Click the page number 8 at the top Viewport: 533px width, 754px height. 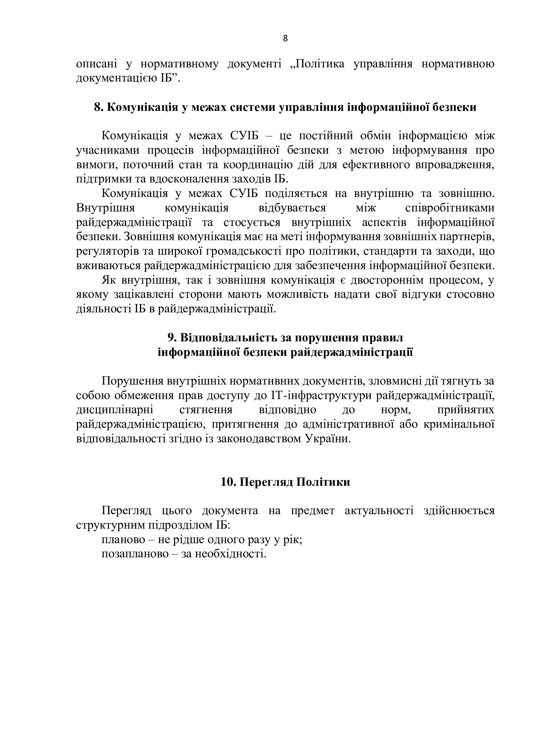click(x=285, y=39)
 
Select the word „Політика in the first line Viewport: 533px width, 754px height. click(x=317, y=64)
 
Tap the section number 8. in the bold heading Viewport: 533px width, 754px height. click(x=99, y=107)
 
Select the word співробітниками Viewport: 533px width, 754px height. click(x=450, y=208)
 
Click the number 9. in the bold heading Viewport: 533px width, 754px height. click(x=172, y=338)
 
